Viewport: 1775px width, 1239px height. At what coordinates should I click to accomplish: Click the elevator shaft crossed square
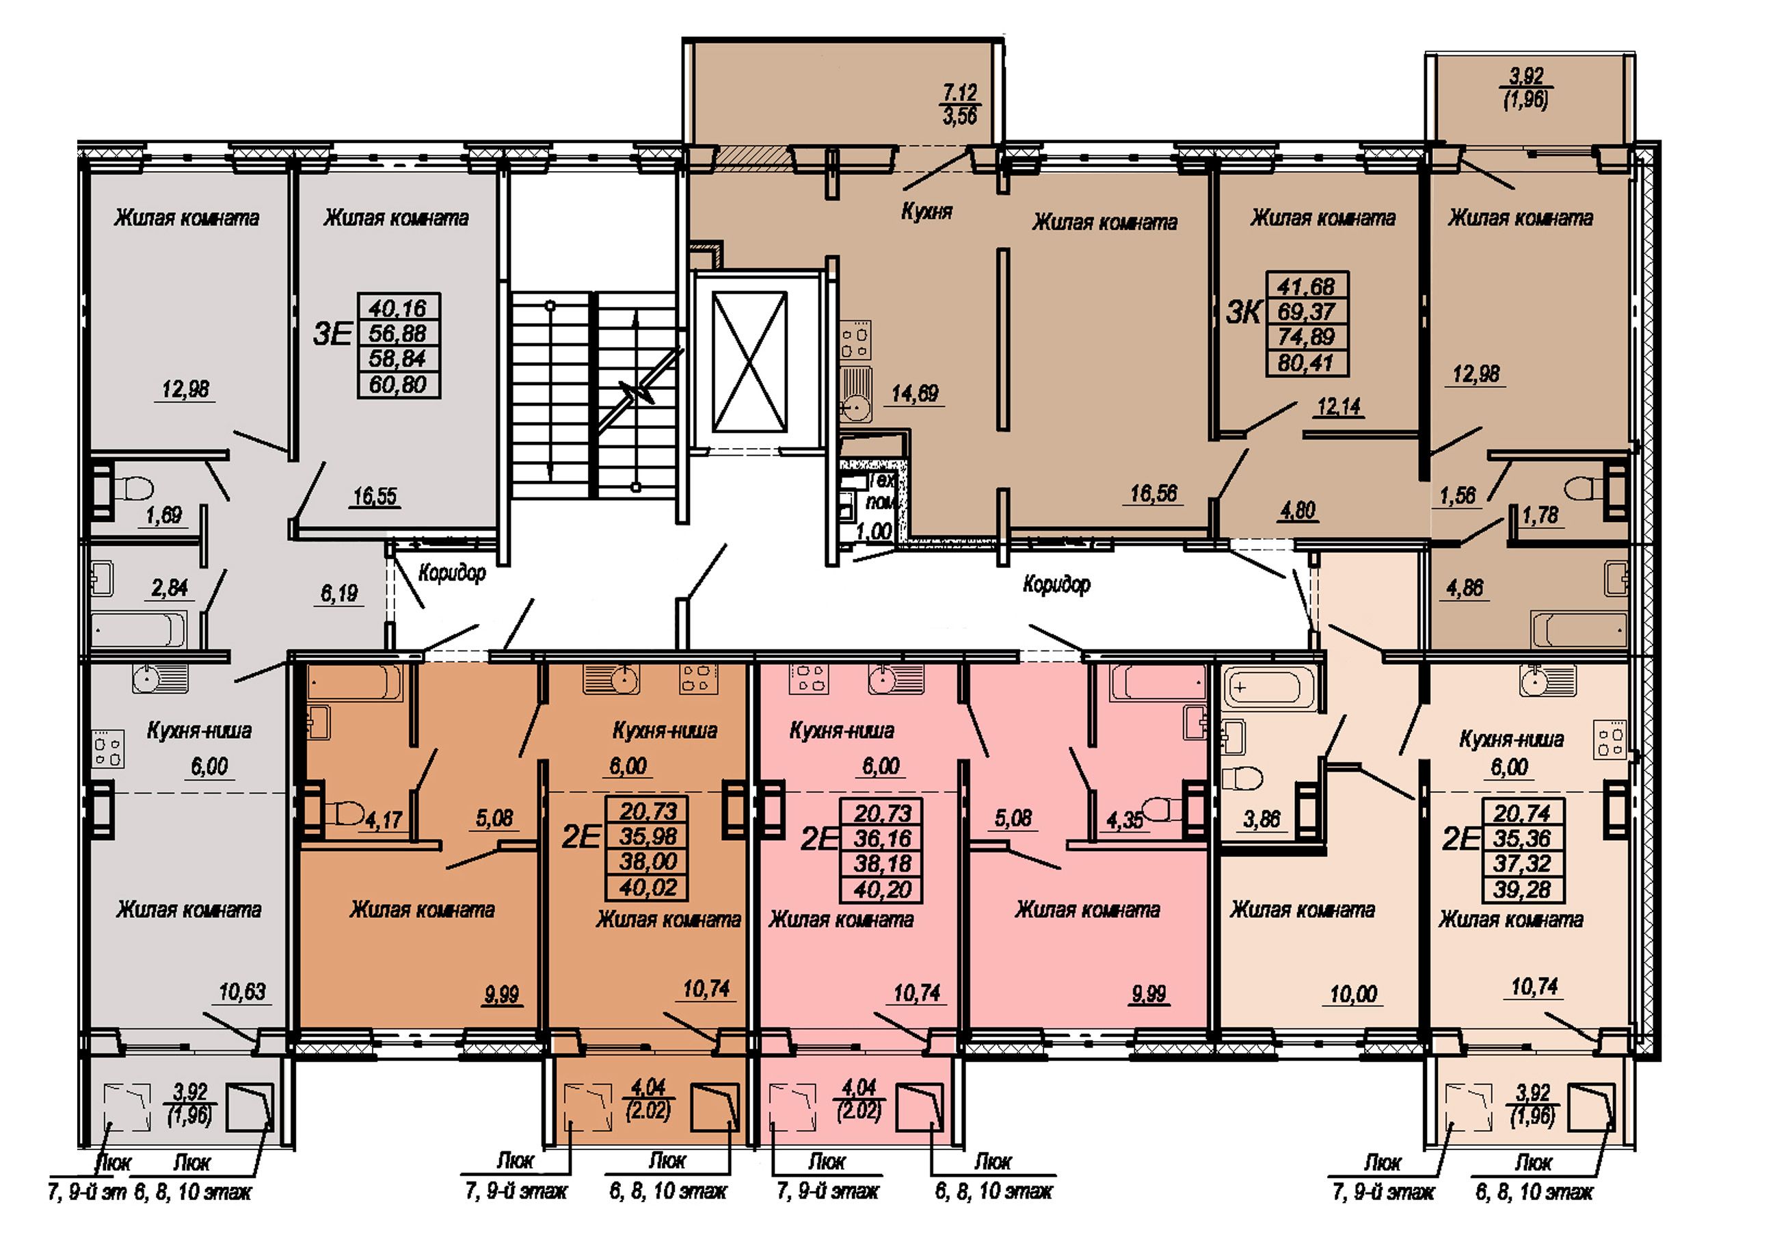(x=749, y=361)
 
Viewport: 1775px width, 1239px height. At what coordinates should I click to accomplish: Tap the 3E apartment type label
(x=332, y=334)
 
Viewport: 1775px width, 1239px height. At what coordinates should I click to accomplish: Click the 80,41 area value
(x=1306, y=363)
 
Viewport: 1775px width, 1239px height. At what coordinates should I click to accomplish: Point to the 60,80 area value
(x=397, y=384)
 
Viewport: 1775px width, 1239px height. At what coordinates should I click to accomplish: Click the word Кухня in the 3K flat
(x=927, y=211)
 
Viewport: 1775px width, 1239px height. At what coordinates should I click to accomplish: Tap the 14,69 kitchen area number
(x=915, y=393)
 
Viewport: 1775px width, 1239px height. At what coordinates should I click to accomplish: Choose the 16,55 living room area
(x=375, y=496)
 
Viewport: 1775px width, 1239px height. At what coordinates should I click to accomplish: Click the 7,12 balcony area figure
(x=959, y=93)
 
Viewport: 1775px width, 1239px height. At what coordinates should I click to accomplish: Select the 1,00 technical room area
(x=875, y=532)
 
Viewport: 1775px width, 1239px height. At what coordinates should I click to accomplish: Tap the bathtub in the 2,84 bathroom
(x=139, y=629)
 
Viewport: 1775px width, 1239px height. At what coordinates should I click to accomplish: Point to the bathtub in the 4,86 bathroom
(x=1579, y=629)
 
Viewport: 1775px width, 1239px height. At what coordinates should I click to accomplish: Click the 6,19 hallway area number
(x=339, y=593)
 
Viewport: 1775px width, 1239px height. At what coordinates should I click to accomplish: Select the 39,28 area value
(x=1522, y=889)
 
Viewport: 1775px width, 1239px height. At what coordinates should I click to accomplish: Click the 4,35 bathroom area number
(x=1125, y=820)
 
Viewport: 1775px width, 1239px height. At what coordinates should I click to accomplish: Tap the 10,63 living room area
(x=242, y=991)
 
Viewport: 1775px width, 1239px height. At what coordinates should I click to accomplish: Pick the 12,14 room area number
(x=1339, y=406)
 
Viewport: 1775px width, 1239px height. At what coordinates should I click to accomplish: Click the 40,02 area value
(x=648, y=887)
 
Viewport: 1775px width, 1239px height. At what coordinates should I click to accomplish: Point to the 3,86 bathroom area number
(x=1262, y=819)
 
